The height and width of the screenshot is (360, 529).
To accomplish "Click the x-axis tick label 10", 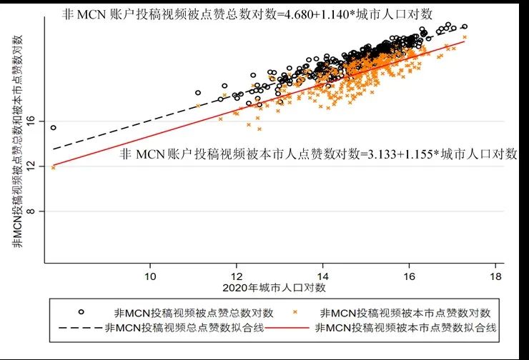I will pyautogui.click(x=150, y=275).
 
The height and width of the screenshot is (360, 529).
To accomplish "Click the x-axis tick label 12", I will pyautogui.click(x=237, y=275).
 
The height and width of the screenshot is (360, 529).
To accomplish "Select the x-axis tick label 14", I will pyautogui.click(x=323, y=275).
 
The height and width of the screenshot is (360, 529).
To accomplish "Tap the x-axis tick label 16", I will pyautogui.click(x=409, y=275).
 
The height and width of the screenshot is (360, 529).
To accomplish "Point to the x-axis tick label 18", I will pyautogui.click(x=495, y=275).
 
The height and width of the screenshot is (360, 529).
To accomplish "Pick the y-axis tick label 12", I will pyautogui.click(x=30, y=166).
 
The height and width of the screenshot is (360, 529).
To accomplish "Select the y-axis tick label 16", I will pyautogui.click(x=30, y=121).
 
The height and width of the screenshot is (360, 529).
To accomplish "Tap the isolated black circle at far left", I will pyautogui.click(x=53, y=128).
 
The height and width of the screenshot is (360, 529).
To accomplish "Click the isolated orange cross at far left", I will pyautogui.click(x=54, y=167).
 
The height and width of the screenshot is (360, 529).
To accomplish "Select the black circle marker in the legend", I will pyautogui.click(x=81, y=312).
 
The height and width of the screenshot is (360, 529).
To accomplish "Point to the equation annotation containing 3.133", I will pyautogui.click(x=317, y=154).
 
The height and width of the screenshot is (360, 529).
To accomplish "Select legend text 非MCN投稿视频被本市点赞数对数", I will pyautogui.click(x=405, y=312).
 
